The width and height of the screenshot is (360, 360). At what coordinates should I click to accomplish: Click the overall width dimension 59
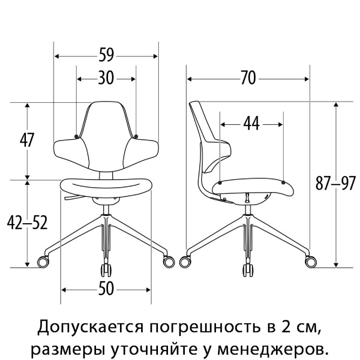click(x=106, y=55)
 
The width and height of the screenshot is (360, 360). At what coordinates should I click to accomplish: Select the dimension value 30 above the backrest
click(x=106, y=78)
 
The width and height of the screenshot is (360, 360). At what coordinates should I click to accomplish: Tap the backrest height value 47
click(x=27, y=140)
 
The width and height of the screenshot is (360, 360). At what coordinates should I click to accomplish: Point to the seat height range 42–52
click(x=27, y=222)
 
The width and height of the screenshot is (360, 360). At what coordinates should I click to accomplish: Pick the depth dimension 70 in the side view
click(x=249, y=78)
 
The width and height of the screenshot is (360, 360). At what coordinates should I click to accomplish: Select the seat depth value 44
click(x=252, y=123)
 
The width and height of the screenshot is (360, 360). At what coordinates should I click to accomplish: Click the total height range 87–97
click(x=336, y=183)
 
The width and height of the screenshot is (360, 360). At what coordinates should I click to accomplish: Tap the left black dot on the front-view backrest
click(x=76, y=136)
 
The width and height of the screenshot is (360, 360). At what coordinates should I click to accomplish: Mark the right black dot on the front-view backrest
click(x=136, y=136)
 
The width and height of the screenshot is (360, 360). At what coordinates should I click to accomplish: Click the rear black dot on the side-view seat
click(x=220, y=183)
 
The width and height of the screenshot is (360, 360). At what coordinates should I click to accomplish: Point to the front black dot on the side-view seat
click(x=283, y=182)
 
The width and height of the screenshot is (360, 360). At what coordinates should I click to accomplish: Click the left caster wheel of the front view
click(x=43, y=262)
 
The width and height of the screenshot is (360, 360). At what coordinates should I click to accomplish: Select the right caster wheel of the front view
click(x=169, y=262)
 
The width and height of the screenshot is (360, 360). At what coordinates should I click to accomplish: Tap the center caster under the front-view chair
click(x=106, y=270)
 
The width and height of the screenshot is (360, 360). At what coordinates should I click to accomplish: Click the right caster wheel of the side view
click(x=311, y=262)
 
